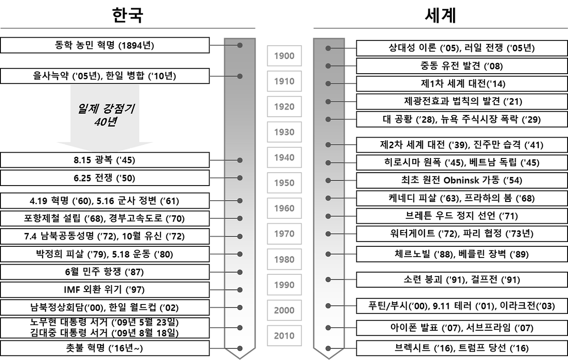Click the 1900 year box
click(284, 56)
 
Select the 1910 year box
click(284, 81)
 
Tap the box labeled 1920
click(284, 107)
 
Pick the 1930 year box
click(284, 132)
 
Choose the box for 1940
click(284, 157)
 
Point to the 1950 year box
click(284, 183)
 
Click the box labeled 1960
click(284, 208)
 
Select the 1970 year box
click(284, 234)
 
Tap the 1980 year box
click(284, 259)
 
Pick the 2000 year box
click(284, 310)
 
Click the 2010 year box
click(284, 336)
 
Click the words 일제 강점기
click(106, 108)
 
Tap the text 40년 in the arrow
click(105, 122)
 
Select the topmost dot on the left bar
click(240, 45)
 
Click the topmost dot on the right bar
click(328, 48)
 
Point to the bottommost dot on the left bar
click(240, 348)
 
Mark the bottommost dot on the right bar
click(328, 348)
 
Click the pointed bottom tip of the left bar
click(240, 357)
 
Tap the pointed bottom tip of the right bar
click(329, 357)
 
